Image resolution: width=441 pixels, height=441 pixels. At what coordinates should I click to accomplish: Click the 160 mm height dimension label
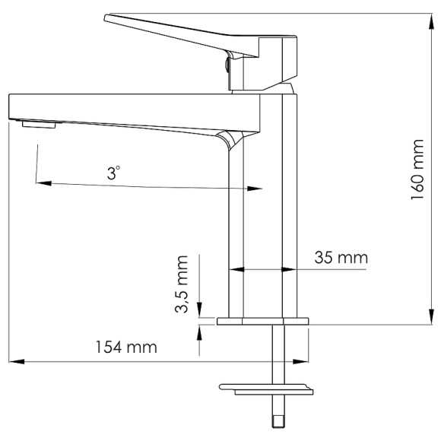tap(417, 170)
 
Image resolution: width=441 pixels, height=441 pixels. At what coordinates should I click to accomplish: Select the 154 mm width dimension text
tap(126, 347)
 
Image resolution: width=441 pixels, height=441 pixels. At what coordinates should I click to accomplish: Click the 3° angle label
tap(113, 173)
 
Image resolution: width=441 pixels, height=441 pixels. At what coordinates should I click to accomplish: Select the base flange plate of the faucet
tap(263, 321)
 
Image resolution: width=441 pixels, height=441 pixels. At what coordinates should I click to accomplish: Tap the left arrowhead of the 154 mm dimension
tap(14, 360)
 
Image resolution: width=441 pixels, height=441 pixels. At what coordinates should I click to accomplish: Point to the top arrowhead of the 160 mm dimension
tap(430, 19)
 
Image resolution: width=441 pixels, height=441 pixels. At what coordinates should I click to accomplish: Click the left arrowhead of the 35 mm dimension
tap(236, 268)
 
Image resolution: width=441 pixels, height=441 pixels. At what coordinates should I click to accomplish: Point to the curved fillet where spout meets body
tap(227, 138)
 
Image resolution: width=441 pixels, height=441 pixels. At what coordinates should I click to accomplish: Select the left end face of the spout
tap(8, 106)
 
